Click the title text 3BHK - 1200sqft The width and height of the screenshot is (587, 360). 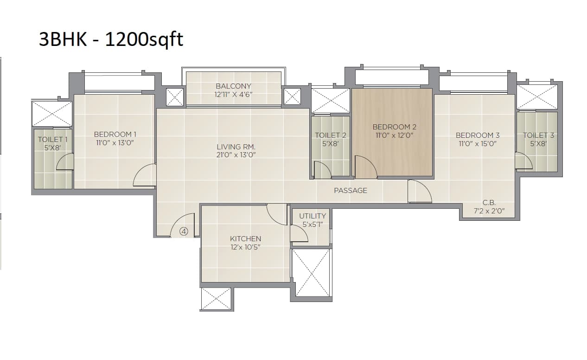click(x=111, y=39)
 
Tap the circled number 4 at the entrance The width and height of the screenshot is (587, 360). click(x=184, y=231)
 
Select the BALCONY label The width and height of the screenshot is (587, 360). click(x=233, y=86)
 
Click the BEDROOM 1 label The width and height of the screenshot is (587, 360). click(x=115, y=135)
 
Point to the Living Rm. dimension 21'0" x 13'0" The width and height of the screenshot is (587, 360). click(x=236, y=155)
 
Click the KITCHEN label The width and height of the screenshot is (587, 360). click(x=245, y=238)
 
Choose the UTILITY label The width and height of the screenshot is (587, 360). click(x=312, y=216)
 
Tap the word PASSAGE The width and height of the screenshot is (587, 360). click(x=350, y=190)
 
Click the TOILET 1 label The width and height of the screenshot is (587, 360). click(x=52, y=139)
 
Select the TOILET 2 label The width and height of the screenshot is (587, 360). click(x=330, y=135)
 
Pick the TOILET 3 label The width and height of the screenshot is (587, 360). click(x=538, y=135)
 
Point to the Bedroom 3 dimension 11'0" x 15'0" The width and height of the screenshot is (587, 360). click(x=477, y=144)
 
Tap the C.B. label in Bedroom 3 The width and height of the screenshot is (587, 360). click(x=489, y=202)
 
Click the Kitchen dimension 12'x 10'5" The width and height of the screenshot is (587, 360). click(x=245, y=247)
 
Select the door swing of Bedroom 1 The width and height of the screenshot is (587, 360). click(x=146, y=176)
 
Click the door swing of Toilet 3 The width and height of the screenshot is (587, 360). click(x=523, y=161)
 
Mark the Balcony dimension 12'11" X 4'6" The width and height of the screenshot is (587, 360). click(x=233, y=94)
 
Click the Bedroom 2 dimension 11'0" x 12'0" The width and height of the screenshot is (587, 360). click(x=394, y=135)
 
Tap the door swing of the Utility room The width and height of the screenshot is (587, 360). click(x=299, y=233)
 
